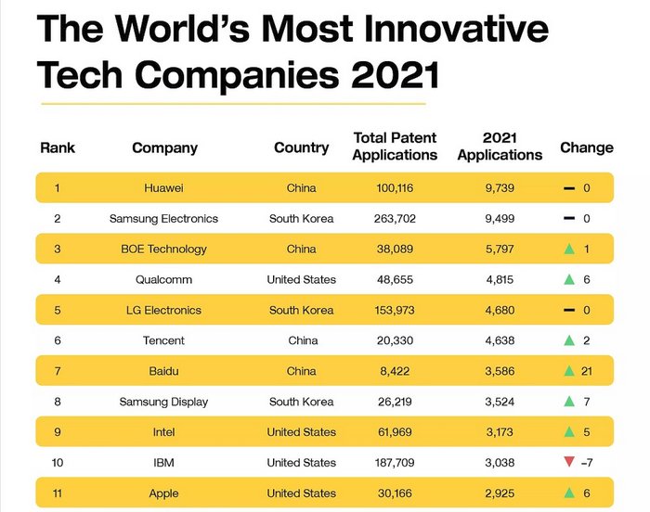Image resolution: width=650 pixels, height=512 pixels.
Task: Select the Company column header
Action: [x=164, y=147]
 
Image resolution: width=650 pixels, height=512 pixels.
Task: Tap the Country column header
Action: [x=301, y=147]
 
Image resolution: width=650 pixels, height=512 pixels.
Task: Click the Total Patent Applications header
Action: [x=395, y=147]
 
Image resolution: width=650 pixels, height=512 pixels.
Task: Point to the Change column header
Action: [x=586, y=147]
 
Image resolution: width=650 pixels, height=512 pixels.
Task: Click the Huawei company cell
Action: [x=163, y=188]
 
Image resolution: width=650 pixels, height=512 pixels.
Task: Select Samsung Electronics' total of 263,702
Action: [x=395, y=219]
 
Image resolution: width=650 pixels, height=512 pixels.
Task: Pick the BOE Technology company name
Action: [x=163, y=250]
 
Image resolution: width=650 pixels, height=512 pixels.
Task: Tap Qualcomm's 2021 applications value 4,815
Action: [x=500, y=279]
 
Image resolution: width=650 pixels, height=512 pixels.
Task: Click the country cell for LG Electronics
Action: [x=301, y=310]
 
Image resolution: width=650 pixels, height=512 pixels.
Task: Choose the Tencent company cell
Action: [x=163, y=340]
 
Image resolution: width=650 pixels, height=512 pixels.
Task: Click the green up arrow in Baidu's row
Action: [x=568, y=371]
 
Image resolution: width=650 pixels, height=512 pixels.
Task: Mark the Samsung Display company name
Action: [x=163, y=402]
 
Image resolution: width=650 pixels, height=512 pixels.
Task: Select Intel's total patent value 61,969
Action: [x=395, y=432]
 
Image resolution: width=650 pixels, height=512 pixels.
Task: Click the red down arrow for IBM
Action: [x=568, y=463]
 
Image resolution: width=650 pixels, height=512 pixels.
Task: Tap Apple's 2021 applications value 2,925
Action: [x=500, y=493]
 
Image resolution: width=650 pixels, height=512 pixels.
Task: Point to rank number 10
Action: [x=57, y=463]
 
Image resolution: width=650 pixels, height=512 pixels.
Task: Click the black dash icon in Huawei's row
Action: [x=568, y=188]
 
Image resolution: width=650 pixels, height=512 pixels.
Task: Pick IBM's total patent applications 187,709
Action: [x=395, y=463]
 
